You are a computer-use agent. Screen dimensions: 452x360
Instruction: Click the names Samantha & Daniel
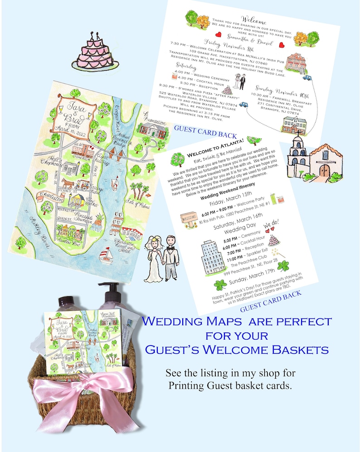click(x=248, y=42)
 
